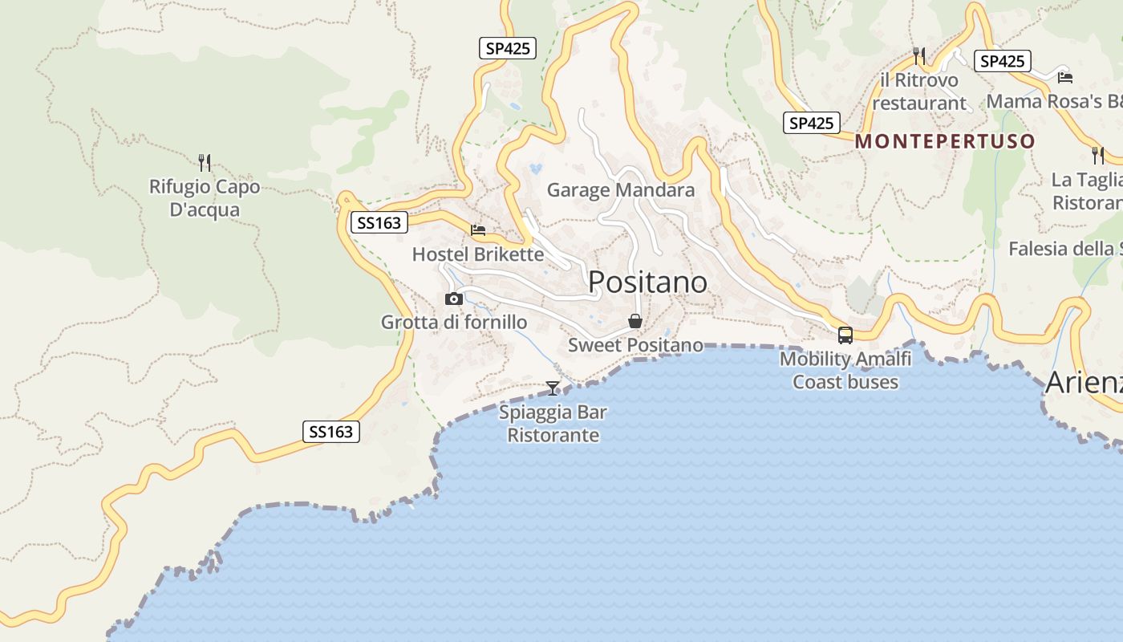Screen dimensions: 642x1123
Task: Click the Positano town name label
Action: [x=648, y=282]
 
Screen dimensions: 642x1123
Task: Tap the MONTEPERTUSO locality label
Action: [x=945, y=141]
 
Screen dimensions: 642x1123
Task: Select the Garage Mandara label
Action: [x=620, y=190]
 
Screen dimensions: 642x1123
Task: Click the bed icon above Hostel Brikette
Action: [x=478, y=230]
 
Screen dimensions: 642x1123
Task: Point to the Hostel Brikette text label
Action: [x=477, y=254]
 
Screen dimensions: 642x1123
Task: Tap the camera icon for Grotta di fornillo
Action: [x=454, y=299]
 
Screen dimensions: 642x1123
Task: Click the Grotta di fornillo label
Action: [x=454, y=322]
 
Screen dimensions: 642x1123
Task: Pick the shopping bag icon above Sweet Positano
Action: [x=635, y=321]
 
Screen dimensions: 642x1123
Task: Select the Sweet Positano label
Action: [x=635, y=345]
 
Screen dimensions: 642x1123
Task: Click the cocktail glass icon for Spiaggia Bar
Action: [x=553, y=388]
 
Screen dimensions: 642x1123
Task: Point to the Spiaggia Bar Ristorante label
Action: [x=553, y=424]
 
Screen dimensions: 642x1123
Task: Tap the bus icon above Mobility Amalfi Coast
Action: [x=845, y=335]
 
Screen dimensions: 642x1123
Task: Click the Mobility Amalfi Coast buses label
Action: [x=845, y=370]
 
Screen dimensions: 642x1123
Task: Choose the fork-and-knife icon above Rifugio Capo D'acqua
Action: [x=205, y=163]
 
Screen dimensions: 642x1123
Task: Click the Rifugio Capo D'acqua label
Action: [x=205, y=198]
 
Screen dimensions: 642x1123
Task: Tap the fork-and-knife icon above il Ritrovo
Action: [x=919, y=55]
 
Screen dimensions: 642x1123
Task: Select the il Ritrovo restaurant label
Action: [x=919, y=91]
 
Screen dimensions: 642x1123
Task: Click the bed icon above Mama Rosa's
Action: [x=1065, y=77]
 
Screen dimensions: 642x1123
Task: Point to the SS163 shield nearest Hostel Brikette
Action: [x=379, y=222]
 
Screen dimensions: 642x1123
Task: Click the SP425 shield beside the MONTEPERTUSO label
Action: [x=811, y=123]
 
